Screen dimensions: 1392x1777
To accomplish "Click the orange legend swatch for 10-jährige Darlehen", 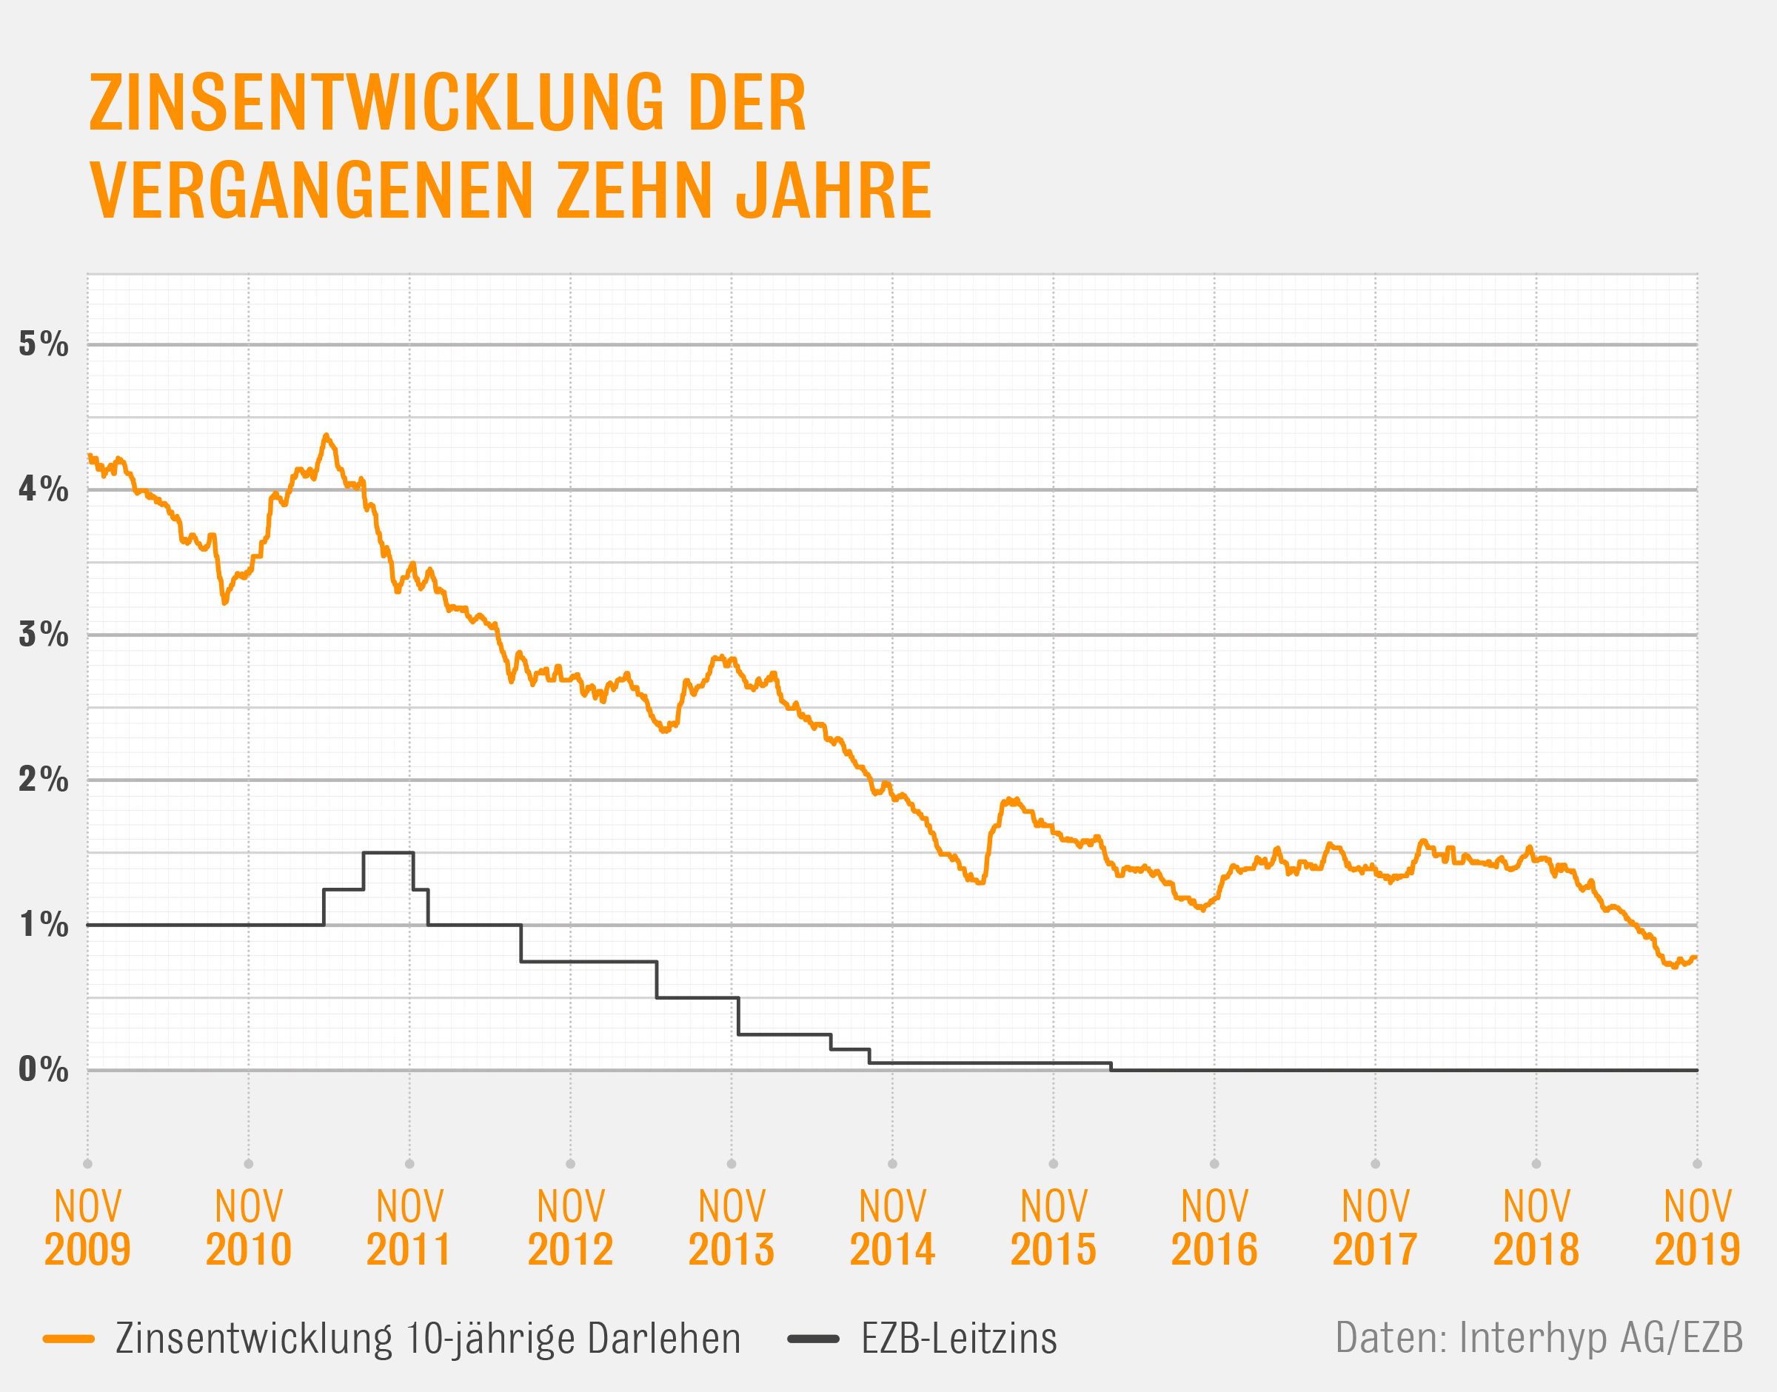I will [70, 1338].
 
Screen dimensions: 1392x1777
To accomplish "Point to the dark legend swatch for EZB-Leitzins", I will [813, 1338].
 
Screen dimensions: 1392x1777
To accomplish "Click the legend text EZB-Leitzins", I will [959, 1338].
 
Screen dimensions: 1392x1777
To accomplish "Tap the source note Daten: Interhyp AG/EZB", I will [1539, 1337].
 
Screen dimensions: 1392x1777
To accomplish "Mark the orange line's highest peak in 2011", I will [326, 436].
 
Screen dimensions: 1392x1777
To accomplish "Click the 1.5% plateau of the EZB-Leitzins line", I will [388, 852].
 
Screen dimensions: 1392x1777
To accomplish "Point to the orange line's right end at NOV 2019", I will [1696, 957].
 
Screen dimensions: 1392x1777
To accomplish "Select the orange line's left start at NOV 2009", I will [89, 455].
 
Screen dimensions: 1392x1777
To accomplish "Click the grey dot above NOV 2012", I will [570, 1164].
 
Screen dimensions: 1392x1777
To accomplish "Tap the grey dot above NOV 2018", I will [1536, 1164].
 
